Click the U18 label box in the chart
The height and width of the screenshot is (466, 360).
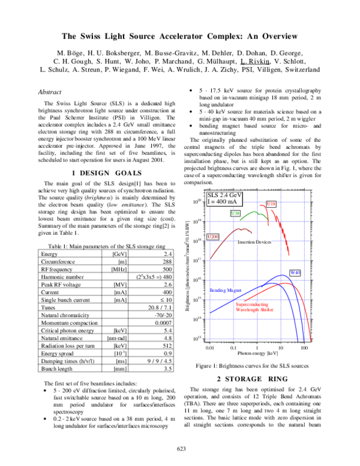pos(271,205)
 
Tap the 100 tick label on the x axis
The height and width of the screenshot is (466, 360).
pos(304,347)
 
